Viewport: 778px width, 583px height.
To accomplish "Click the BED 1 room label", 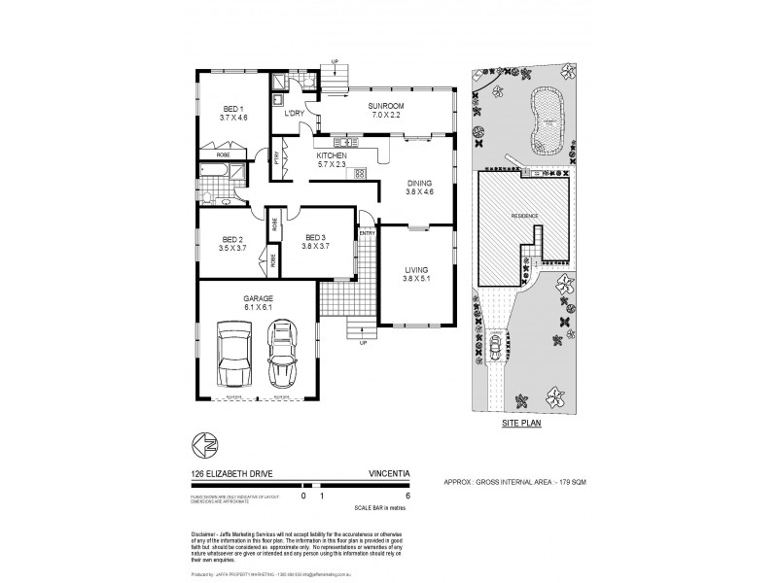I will (233, 108).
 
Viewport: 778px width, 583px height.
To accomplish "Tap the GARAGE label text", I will (258, 298).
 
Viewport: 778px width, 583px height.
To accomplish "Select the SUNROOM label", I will (385, 105).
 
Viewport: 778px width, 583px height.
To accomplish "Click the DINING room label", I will (420, 182).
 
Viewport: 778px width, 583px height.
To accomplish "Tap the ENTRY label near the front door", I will (367, 233).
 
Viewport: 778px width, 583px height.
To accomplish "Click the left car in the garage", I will (233, 356).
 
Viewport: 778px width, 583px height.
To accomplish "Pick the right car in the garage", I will (282, 356).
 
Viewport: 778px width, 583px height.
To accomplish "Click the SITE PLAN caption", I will (522, 423).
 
